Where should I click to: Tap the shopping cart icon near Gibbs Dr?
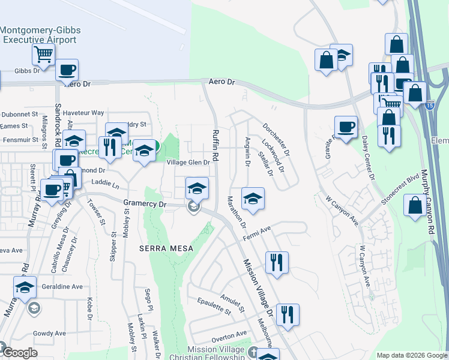coord(43,54)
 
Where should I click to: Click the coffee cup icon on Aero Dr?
coord(67,69)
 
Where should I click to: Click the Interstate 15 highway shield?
coord(430,106)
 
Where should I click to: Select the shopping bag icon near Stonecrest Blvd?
coord(414,205)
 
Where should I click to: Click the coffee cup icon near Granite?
coord(345,127)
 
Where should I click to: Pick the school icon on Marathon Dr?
coord(253,199)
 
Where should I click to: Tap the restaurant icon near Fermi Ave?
coord(277,262)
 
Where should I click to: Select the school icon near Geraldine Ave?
coord(25,287)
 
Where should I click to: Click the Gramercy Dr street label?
coord(145,203)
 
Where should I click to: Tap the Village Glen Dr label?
coord(188,163)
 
